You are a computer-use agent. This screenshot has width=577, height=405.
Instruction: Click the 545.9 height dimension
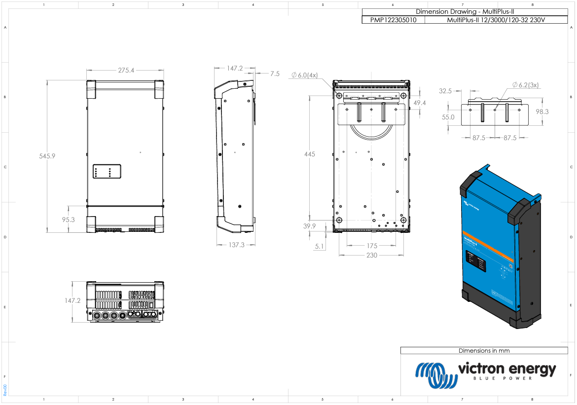pos(47,156)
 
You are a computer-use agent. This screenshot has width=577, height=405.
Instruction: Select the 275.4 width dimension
pos(126,71)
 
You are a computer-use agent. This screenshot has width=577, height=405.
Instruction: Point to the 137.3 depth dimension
pos(236,245)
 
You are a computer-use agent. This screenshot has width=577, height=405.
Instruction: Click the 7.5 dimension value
pos(274,74)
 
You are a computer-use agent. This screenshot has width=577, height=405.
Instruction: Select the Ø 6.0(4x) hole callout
pos(305,75)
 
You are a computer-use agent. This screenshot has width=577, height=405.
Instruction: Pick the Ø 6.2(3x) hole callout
pos(526,85)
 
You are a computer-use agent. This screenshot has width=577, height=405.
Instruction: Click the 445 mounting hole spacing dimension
pos(309,154)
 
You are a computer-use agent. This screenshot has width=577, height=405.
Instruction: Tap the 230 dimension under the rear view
pos(371,255)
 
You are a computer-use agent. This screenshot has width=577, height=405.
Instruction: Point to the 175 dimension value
pos(372,246)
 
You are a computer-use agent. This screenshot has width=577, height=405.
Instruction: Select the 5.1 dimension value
pos(320,246)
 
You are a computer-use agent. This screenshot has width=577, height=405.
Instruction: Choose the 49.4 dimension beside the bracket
pos(420,103)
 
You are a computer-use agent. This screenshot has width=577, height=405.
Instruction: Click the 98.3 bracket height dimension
pos(542,112)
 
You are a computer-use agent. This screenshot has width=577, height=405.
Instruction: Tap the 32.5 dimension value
pos(445,91)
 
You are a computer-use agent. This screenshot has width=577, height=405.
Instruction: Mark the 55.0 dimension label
pos(448,117)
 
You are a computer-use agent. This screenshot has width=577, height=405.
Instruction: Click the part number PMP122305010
pos(393,20)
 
